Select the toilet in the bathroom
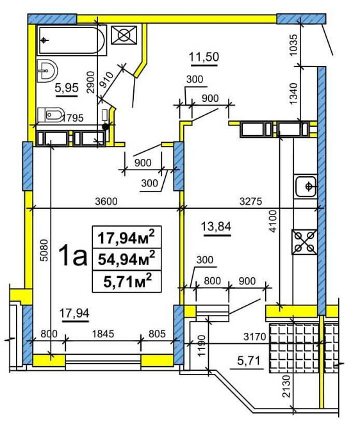51,115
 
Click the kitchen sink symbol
307,186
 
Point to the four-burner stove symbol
305,241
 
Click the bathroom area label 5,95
66,89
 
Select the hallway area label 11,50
204,57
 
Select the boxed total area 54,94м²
125,259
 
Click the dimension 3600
105,201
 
